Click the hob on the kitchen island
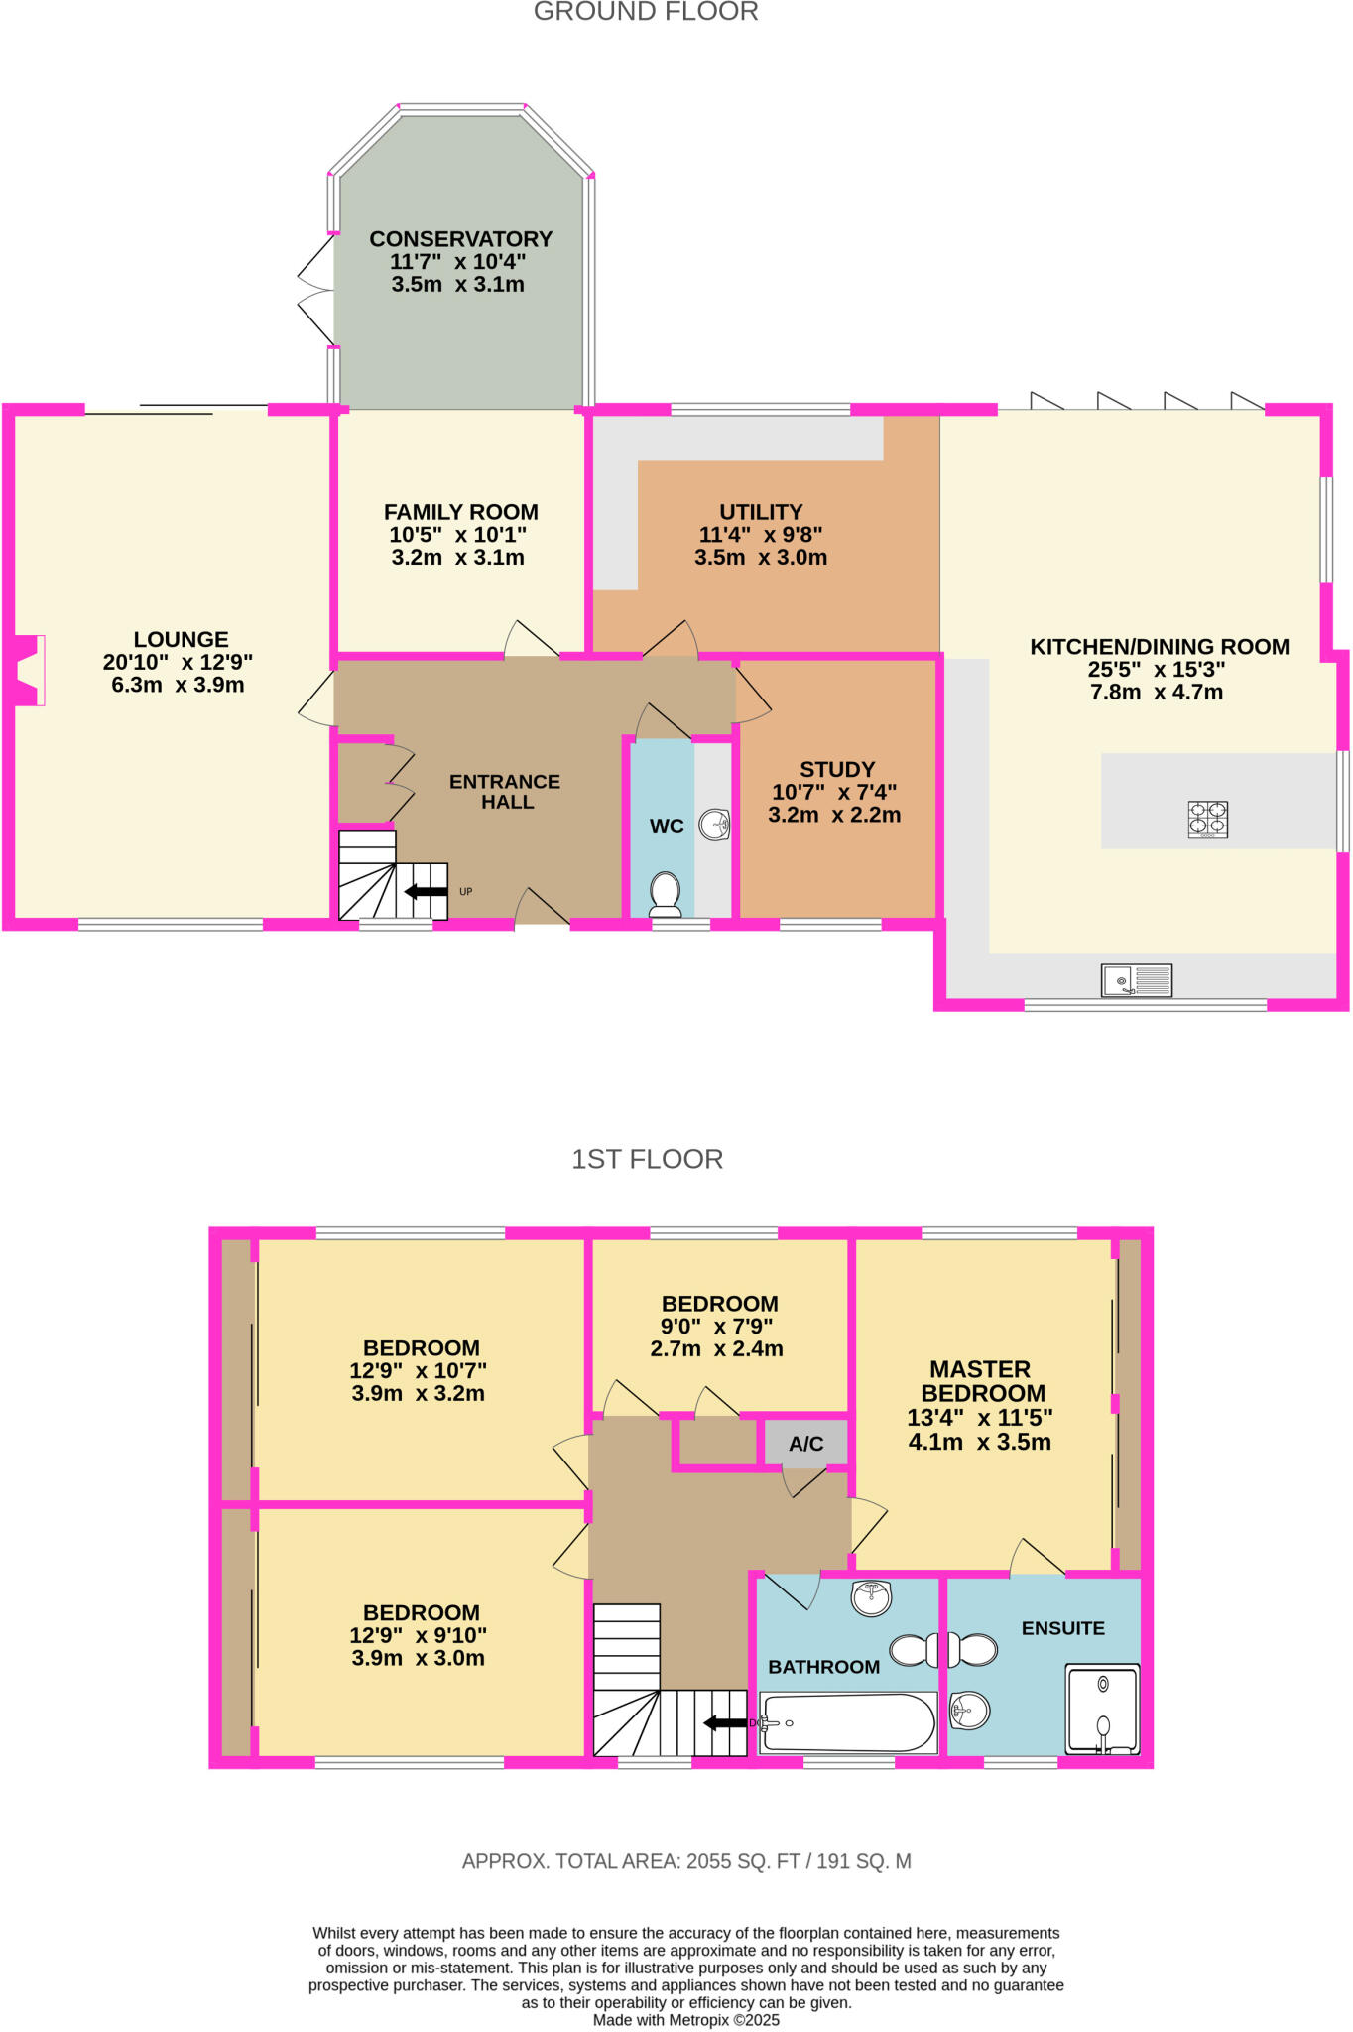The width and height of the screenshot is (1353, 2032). coord(1207,820)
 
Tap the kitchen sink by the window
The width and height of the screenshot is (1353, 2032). coord(1137,980)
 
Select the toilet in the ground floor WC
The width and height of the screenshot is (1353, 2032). coord(664,893)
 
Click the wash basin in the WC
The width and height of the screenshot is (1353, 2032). coord(714,825)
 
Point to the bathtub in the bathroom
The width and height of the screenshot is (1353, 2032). coord(848,1722)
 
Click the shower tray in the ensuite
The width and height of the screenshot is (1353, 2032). coord(1102,1709)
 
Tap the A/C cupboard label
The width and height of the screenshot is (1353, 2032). coord(805,1444)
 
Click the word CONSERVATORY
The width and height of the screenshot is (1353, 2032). coord(460,239)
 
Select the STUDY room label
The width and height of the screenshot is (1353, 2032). coord(837,770)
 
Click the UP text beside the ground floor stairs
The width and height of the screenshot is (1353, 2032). coord(466,891)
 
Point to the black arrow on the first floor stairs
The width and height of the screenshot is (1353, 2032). coord(725,1722)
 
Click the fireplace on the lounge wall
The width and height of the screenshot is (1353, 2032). coord(28,671)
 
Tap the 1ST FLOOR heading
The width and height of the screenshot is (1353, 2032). coord(647,1159)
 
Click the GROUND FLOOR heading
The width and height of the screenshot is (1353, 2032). coord(646,12)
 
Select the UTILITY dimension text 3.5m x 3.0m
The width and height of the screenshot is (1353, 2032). coord(761,558)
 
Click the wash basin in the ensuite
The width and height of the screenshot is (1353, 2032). coord(968,1709)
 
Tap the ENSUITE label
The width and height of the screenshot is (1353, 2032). coord(1062,1628)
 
